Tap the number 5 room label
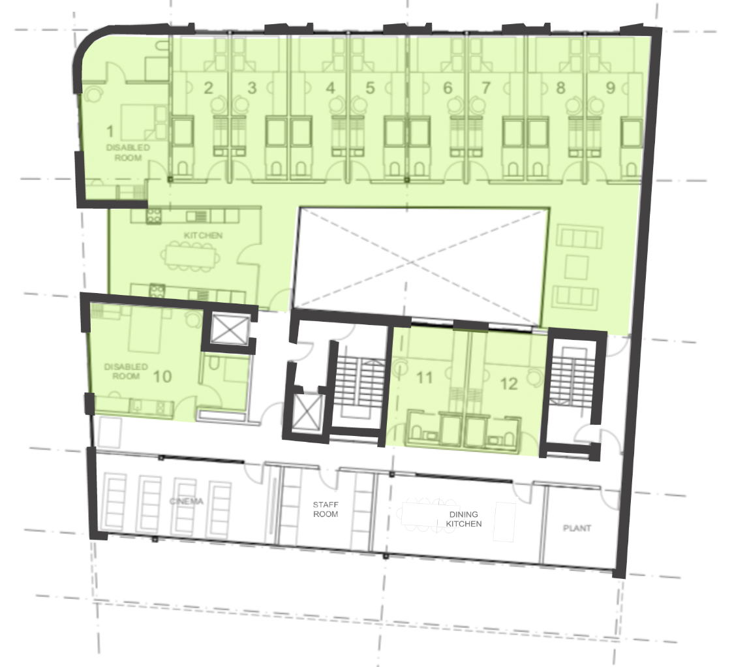370,88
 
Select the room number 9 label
611,88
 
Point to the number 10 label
162,377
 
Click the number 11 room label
424,377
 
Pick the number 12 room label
509,384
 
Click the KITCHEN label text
194,235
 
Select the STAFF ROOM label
325,509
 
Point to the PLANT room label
577,528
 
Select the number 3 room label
252,88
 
